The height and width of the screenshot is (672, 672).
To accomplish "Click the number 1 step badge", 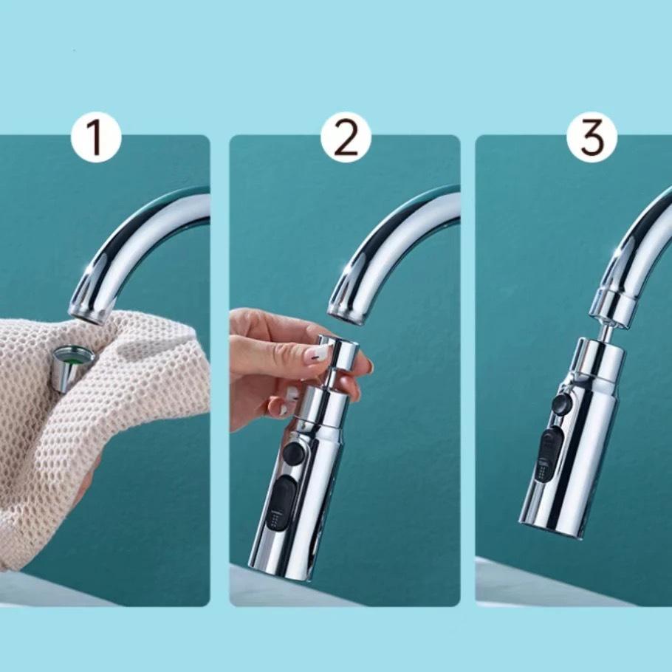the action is point(96,137).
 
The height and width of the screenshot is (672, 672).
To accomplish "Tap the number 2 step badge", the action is point(346,137).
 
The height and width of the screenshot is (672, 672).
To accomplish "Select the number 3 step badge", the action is point(592,137).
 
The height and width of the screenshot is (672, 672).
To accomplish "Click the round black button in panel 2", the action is point(294,453).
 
